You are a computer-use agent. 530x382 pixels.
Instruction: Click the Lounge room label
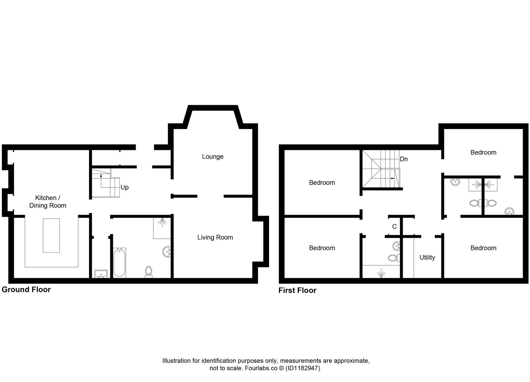[x=213, y=156]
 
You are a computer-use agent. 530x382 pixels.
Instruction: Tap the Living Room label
[x=215, y=237]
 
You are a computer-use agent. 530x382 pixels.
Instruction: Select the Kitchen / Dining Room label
[x=48, y=201]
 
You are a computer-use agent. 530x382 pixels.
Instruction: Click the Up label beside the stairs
[x=125, y=187]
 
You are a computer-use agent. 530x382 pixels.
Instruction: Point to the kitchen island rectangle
[x=51, y=235]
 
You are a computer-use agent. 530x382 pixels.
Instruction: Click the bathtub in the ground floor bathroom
[x=119, y=263]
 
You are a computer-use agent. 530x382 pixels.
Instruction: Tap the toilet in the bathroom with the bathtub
[x=148, y=271]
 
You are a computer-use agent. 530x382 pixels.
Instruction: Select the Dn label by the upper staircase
[x=403, y=159]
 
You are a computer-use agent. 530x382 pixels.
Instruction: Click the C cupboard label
[x=394, y=227]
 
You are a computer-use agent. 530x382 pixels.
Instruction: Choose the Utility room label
[x=427, y=257]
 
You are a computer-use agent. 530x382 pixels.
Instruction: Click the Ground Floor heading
[x=26, y=289]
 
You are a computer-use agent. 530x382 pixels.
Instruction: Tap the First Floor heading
[x=297, y=290]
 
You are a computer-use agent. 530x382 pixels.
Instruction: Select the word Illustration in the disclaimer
[x=176, y=361]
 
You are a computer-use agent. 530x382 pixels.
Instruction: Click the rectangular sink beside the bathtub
[x=101, y=273]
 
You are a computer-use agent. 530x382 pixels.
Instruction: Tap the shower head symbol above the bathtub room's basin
[x=162, y=222]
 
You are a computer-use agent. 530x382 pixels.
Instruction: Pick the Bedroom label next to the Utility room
[x=483, y=248]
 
